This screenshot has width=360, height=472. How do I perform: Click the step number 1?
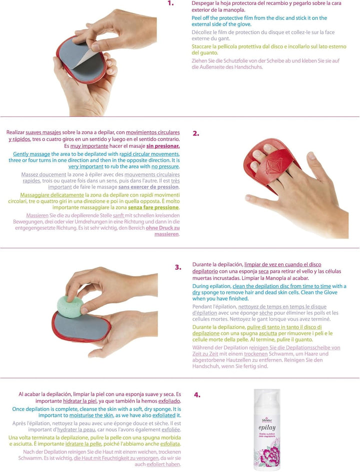[x=170, y=3]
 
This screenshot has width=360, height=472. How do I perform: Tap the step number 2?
[x=196, y=133]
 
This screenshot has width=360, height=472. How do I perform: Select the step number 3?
[x=177, y=267]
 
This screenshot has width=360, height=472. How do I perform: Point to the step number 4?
[x=197, y=395]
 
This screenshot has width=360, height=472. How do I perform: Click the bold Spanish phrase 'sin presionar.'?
[x=162, y=146]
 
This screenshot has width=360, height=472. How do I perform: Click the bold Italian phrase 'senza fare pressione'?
[x=153, y=207]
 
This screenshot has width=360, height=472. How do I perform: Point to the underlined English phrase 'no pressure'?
[x=165, y=166]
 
